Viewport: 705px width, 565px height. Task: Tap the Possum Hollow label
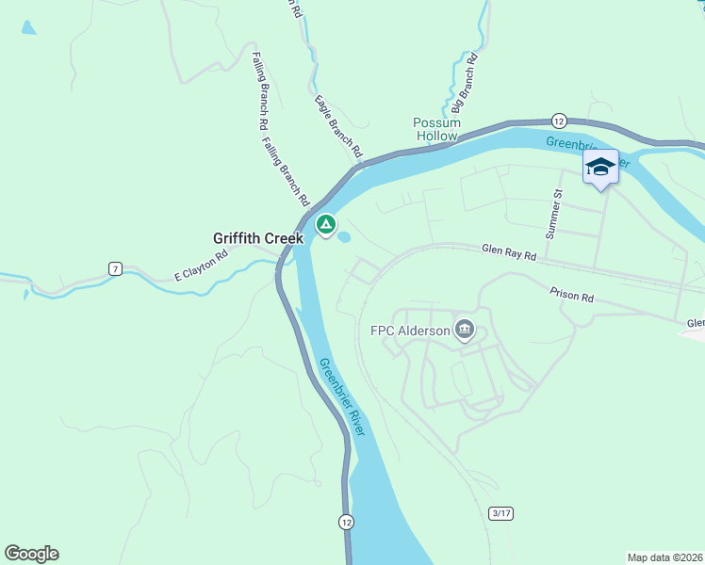(437, 129)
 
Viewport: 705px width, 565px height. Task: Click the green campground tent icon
(325, 224)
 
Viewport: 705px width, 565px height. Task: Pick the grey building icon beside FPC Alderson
(464, 329)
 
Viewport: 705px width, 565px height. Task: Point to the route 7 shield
(115, 268)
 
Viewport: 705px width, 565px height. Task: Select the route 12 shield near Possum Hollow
(558, 121)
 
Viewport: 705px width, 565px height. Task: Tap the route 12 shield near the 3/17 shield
(347, 521)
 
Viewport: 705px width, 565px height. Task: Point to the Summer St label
(554, 213)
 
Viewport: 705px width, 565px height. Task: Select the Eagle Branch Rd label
(338, 125)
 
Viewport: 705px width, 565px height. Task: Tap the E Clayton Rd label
(202, 267)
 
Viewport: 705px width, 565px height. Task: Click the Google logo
(31, 554)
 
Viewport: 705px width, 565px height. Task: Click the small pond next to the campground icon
(345, 236)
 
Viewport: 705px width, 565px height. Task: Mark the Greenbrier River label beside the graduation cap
(570, 144)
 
